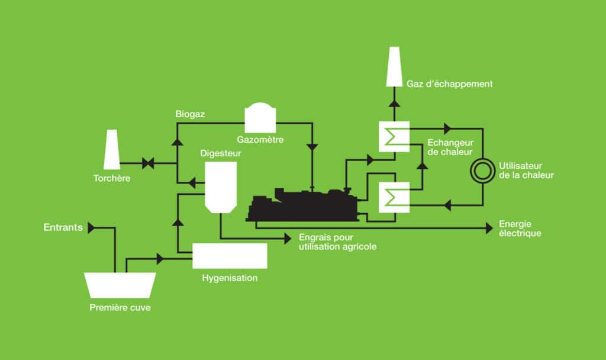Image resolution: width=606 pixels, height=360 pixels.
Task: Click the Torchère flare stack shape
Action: (112, 149)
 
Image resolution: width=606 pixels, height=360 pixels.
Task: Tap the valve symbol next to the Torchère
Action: (148, 163)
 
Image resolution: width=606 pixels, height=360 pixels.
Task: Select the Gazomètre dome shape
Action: (260, 118)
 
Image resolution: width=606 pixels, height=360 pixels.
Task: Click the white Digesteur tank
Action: (221, 187)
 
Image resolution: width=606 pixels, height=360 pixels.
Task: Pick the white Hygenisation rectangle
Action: (230, 256)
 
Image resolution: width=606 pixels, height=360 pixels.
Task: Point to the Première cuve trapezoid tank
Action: (120, 285)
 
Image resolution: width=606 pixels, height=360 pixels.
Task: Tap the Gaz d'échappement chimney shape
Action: (394, 66)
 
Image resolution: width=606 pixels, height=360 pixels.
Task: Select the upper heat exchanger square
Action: (394, 137)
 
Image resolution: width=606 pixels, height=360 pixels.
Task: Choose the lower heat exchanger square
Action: (394, 197)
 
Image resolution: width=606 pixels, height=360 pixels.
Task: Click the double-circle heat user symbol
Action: (483, 171)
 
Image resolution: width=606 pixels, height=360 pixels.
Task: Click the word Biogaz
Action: (190, 114)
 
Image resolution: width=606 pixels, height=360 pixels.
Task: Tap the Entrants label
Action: (63, 227)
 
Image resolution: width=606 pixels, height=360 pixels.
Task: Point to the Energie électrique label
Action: (520, 229)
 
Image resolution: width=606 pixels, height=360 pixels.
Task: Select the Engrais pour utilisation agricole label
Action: (338, 242)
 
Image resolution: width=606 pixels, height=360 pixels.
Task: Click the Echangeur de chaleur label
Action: (450, 147)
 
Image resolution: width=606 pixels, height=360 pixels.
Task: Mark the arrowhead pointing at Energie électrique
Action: (489, 228)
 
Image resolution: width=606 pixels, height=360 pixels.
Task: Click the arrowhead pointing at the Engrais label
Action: (288, 239)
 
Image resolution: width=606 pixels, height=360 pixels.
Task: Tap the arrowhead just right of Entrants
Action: (91, 228)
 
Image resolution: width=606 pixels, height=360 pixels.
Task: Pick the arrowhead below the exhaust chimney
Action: (394, 103)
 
